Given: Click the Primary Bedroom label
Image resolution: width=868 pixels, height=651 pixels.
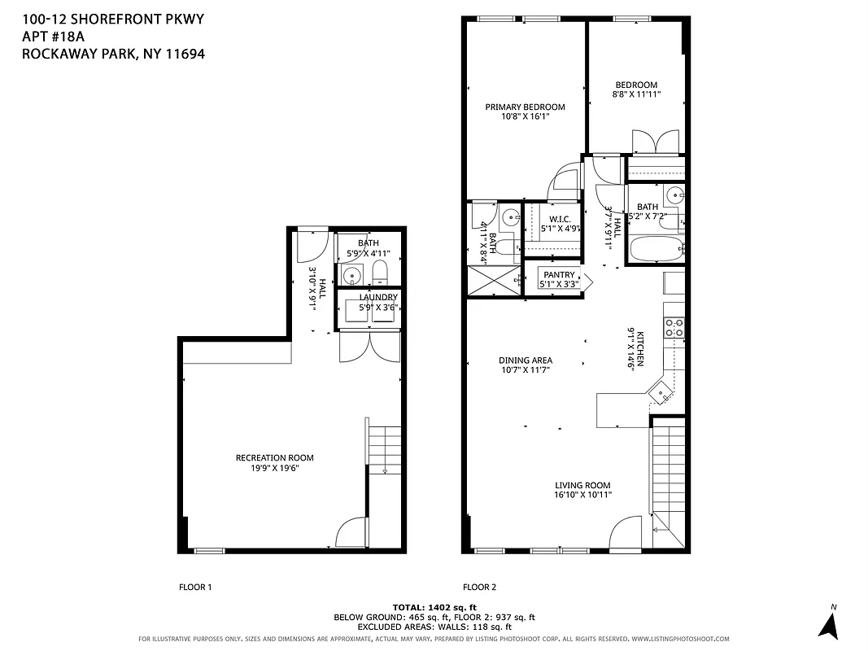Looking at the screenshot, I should coord(525,107).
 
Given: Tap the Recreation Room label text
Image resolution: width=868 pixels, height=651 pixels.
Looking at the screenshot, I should coord(274,457).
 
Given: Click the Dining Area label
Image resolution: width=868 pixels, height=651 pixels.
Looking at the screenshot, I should coord(526,360).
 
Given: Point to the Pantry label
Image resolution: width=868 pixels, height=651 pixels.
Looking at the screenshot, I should coord(559,275).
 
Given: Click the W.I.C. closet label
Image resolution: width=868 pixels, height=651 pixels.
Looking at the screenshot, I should coord(559,219).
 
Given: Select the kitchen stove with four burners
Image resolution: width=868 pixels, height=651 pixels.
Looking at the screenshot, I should coord(674,327).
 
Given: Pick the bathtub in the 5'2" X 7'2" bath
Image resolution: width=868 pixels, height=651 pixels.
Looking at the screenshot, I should coord(656,249).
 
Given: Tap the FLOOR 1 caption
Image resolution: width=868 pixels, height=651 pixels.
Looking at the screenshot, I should coord(195,587).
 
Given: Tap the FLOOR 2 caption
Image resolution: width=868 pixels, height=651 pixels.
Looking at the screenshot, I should coord(480,587).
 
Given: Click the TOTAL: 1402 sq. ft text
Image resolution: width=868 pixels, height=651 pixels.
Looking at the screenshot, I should coord(434,607).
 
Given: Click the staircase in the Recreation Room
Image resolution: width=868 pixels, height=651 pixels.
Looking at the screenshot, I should coord(385,448).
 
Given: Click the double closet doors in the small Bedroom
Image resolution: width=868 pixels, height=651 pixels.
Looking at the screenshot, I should coord(656,142).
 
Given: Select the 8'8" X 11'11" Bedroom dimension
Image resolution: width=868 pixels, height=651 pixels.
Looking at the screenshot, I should coord(636,94).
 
